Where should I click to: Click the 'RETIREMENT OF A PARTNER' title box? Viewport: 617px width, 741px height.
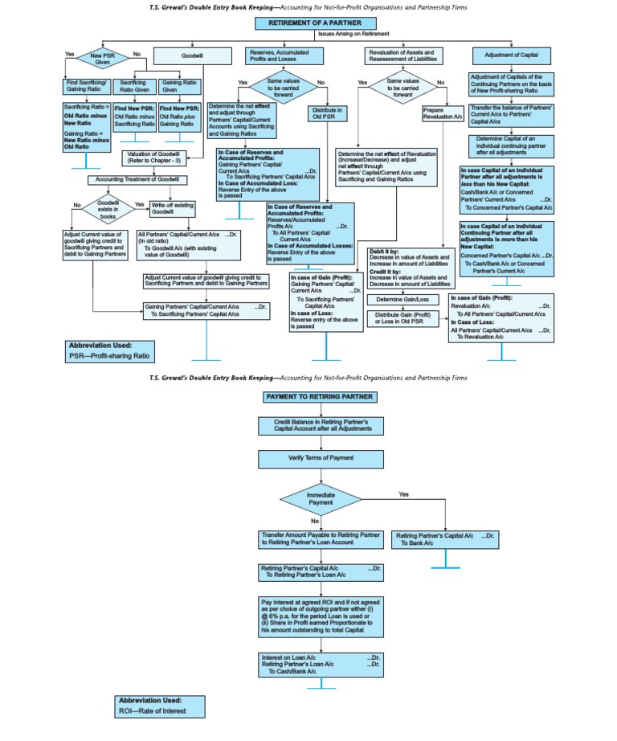coord(315,23)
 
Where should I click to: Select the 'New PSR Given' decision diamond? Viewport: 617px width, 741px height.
coord(101,58)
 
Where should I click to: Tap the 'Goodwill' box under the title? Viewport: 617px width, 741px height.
coord(191,55)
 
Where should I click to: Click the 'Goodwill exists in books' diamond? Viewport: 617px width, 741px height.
coord(108,210)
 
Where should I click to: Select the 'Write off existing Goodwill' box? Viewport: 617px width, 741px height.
coord(172,209)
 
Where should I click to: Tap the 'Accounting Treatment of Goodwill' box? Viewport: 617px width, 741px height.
coord(137,179)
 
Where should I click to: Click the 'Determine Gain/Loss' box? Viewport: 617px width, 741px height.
coord(402,300)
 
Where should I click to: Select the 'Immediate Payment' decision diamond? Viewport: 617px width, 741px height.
coord(320,498)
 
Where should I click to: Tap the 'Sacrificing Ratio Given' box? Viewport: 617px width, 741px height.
coord(134,86)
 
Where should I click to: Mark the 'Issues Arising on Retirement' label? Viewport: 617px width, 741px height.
coord(353,34)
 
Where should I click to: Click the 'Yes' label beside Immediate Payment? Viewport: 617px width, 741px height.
coord(403,493)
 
